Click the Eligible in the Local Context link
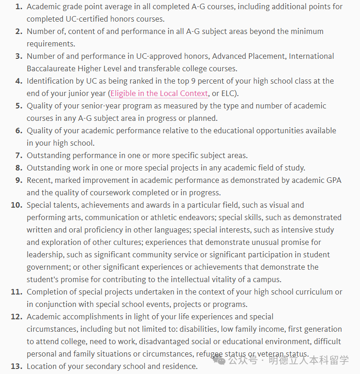[x=159, y=93]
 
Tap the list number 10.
[x=17, y=205]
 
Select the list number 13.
[x=17, y=366]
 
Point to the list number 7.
[x=18, y=155]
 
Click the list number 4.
[x=18, y=81]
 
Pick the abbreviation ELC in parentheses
[x=228, y=93]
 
